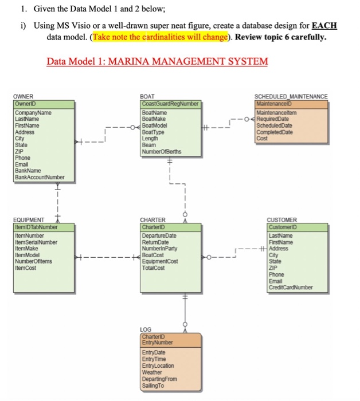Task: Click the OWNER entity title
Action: point(24,97)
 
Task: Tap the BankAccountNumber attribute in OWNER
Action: point(40,177)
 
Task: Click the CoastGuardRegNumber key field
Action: point(170,104)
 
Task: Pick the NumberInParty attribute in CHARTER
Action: point(159,248)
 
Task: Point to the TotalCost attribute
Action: point(154,267)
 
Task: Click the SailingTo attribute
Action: point(152,386)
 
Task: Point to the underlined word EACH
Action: point(326,26)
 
